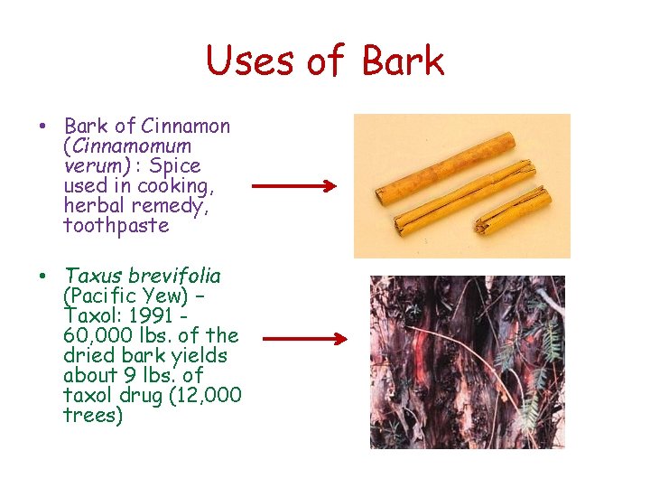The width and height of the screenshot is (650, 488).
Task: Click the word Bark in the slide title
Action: click(403, 61)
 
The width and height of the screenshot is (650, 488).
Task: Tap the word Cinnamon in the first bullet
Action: click(185, 127)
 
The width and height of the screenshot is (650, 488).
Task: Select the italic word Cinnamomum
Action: click(127, 146)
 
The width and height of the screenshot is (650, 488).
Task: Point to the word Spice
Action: click(175, 166)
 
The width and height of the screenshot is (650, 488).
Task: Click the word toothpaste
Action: click(116, 226)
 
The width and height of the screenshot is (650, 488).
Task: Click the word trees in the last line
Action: click(93, 415)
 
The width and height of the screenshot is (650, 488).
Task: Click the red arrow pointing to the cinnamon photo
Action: click(293, 187)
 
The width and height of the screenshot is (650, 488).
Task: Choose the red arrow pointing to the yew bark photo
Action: click(304, 341)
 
